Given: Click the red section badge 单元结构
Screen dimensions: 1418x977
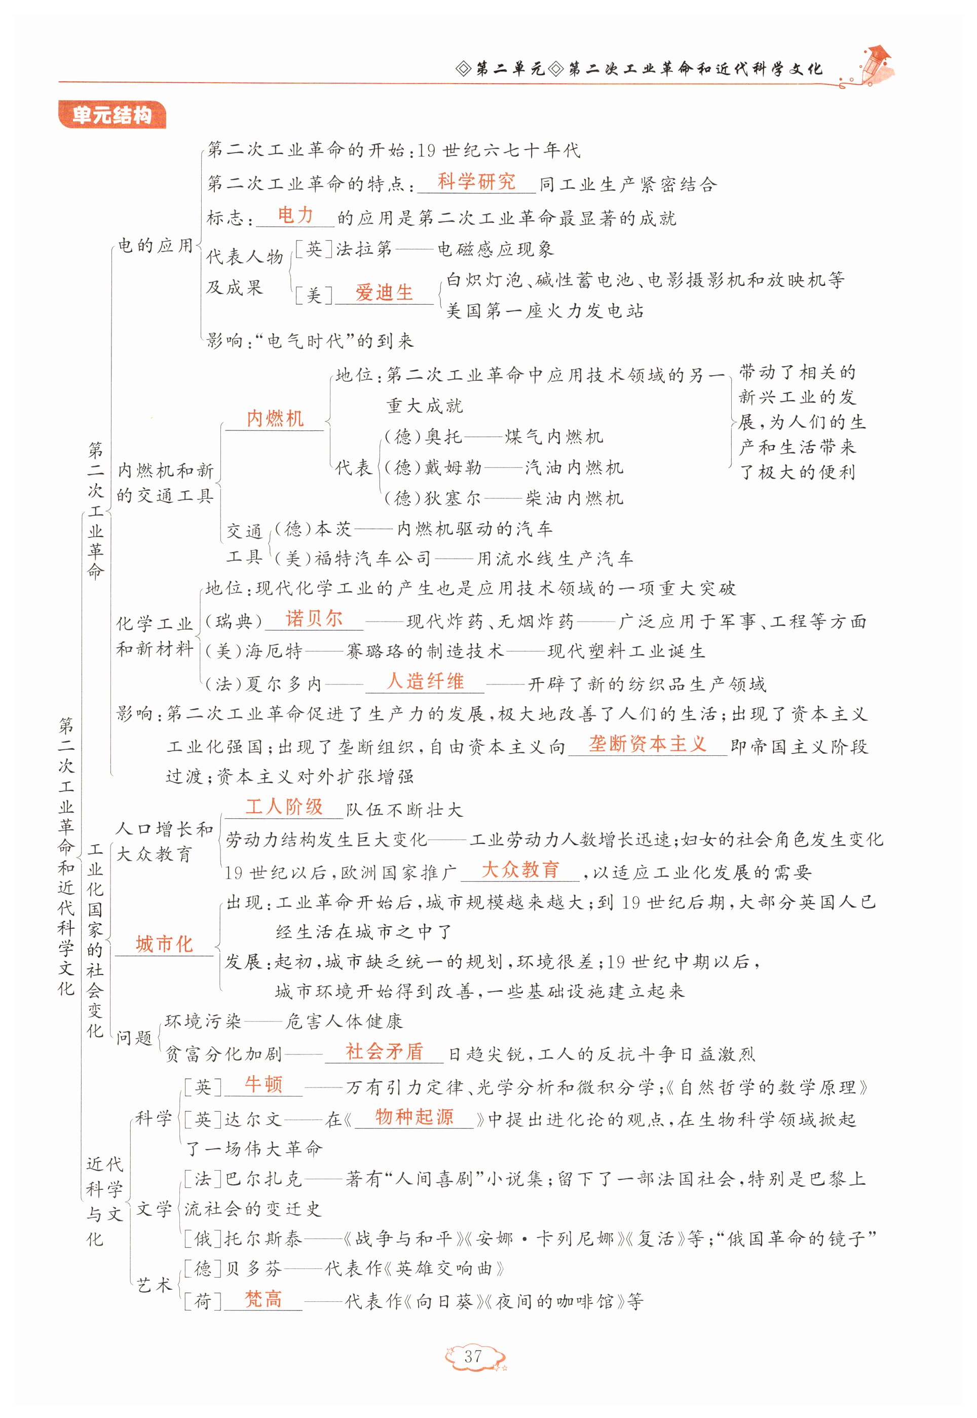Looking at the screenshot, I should pos(111,115).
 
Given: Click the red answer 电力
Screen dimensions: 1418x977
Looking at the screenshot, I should pos(295,215).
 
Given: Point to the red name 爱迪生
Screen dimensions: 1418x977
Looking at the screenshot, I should pos(384,293).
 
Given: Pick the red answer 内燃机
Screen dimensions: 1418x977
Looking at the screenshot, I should pos(275,419).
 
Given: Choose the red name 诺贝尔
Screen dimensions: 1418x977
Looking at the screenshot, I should pos(314,619).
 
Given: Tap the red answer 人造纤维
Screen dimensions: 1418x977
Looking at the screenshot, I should pos(426,681).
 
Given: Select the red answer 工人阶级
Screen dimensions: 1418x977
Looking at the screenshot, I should pos(284,807).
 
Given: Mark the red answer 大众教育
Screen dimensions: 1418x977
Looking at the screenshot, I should pos(520,869).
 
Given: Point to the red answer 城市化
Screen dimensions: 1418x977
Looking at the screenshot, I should pos(164,943).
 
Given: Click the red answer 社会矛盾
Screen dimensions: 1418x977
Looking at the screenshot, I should pos(385,1052).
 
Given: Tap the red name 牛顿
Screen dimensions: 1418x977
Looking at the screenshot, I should pos(264,1084).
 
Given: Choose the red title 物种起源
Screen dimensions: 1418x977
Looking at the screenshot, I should pos(415,1117).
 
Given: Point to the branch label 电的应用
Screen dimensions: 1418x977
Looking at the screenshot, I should pos(156,246).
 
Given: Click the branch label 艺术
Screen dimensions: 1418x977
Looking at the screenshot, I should pos(154,1285).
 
